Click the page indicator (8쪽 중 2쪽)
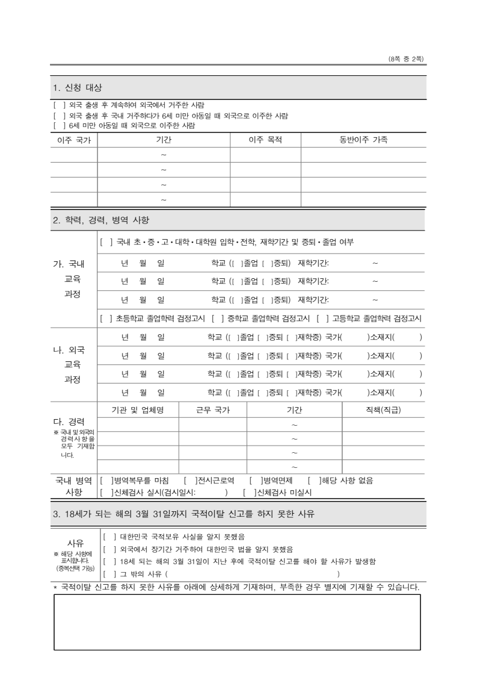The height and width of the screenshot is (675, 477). [407, 58]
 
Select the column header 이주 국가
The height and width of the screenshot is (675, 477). [73, 140]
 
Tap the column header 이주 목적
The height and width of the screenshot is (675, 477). [265, 140]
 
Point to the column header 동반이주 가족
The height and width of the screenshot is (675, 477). [363, 140]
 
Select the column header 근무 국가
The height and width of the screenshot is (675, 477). [213, 410]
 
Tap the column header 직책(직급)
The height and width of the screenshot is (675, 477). [383, 410]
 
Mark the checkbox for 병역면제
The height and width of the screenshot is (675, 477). [254, 481]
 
